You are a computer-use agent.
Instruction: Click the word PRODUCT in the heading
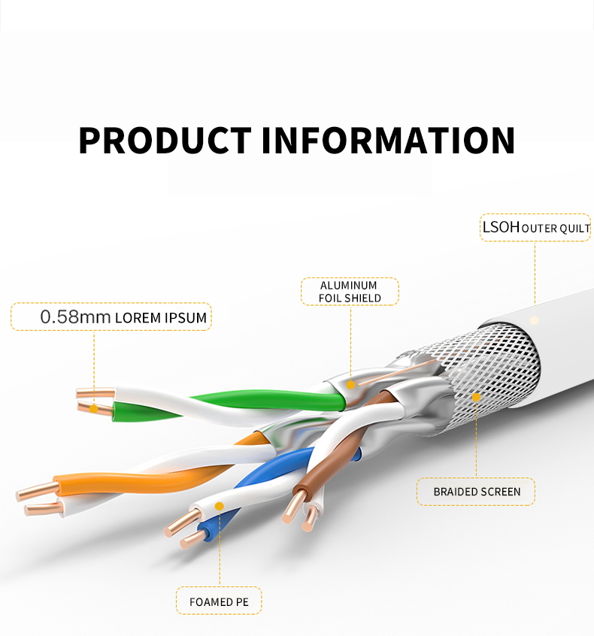point(164,141)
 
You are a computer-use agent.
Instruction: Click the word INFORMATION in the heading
point(388,141)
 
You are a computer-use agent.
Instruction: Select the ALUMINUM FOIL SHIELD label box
point(350,292)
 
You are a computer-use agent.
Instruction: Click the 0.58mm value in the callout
point(75,316)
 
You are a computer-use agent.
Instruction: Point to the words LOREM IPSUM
point(161,317)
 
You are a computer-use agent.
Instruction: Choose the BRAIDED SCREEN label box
point(477,492)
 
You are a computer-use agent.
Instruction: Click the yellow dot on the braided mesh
point(476,396)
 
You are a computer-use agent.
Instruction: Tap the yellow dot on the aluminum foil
point(350,383)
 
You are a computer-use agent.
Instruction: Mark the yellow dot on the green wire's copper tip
point(94,408)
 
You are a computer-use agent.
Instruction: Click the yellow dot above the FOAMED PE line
point(219,506)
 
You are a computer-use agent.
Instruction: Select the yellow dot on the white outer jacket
point(535,320)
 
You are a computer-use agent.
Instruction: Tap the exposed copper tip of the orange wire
point(34,492)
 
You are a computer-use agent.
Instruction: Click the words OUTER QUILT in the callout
point(556,228)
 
